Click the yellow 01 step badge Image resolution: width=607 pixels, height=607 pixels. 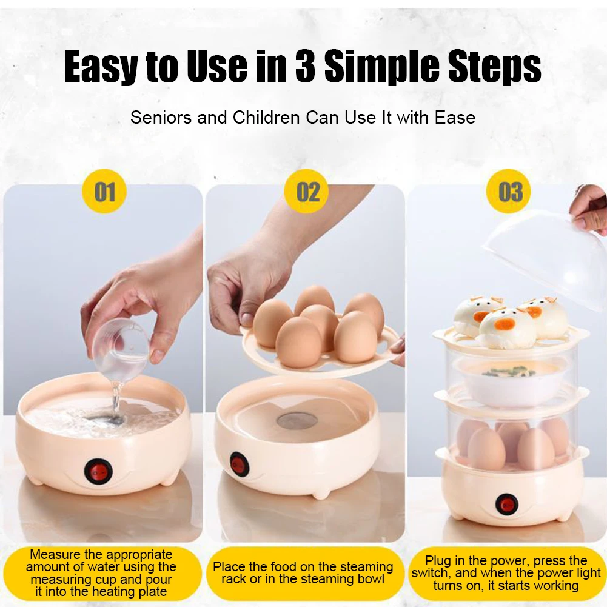104,191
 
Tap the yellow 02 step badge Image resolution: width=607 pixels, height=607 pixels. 307,191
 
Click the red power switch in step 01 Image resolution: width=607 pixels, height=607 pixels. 98,472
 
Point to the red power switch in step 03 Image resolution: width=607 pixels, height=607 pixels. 506,504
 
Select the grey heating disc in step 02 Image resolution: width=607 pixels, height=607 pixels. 297,420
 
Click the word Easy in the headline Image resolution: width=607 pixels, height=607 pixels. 101,67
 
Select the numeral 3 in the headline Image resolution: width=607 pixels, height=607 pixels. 305,66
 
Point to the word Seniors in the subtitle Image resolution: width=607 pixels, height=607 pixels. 161,117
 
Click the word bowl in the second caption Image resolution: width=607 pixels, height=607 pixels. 370,578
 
